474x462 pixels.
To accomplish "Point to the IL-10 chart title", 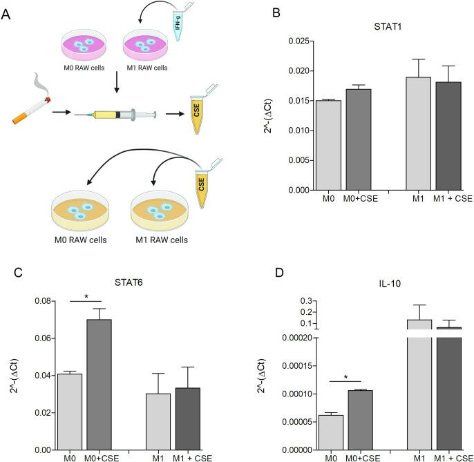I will point(391,282).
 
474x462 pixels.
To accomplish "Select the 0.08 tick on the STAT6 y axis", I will point(44,301).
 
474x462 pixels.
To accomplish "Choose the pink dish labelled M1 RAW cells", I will point(144,48).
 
